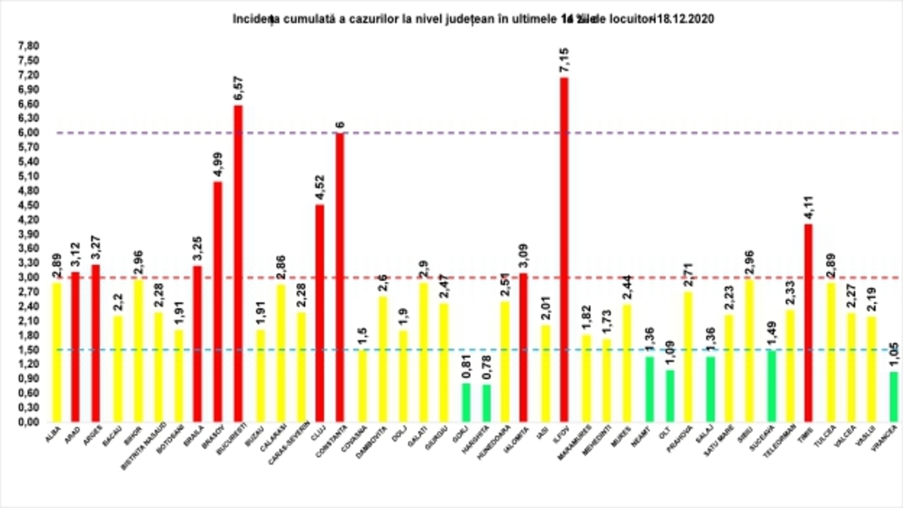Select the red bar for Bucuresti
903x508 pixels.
239,263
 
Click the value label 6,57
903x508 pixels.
239,87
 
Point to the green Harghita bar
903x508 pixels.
485,403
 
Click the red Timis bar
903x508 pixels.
808,323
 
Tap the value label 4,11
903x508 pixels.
808,205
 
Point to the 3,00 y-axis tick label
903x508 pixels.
29,277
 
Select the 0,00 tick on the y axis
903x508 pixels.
29,422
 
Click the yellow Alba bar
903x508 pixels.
56,352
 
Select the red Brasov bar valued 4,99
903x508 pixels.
218,301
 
